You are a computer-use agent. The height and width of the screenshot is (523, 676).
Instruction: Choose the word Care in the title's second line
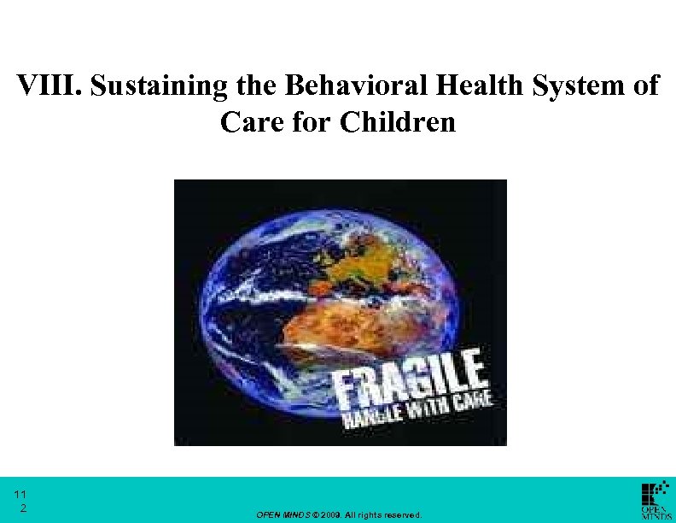tap(248, 122)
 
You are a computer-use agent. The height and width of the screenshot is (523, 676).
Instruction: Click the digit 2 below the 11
tap(23, 508)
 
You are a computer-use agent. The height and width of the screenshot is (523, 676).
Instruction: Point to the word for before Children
tap(313, 122)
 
